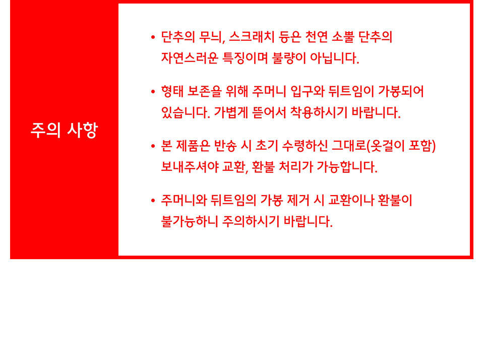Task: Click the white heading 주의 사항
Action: (64, 130)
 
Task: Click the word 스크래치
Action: (252, 37)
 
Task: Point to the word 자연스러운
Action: (190, 58)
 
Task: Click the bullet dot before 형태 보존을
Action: (153, 91)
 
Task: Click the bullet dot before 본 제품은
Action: (153, 146)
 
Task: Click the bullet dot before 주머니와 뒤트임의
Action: (153, 201)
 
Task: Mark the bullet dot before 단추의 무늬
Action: (153, 37)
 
